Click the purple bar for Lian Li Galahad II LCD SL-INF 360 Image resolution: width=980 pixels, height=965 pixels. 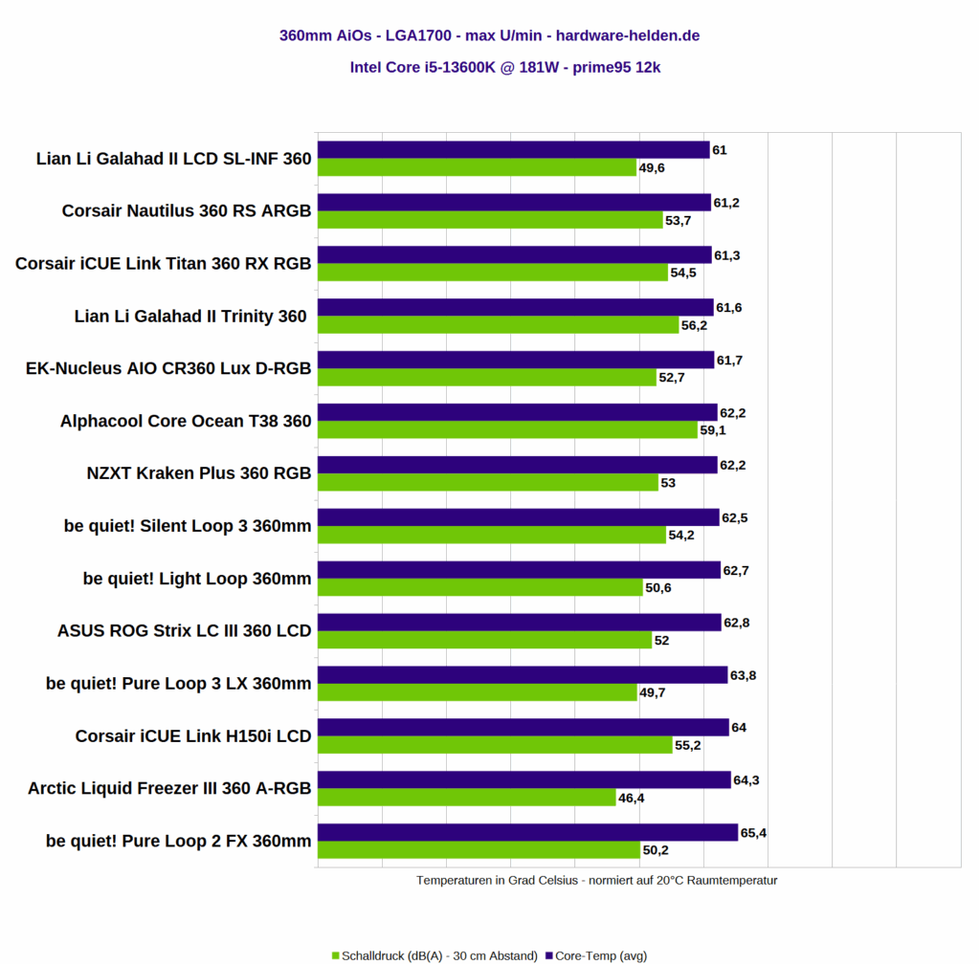[x=513, y=150]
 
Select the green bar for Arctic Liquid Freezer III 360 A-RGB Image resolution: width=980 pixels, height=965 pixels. [x=466, y=798]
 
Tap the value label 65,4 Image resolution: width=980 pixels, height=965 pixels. [x=754, y=833]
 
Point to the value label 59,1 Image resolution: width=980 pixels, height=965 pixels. [x=714, y=430]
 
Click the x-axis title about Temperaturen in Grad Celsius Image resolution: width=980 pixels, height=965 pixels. [x=596, y=880]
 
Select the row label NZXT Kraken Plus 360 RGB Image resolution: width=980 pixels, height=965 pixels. [x=199, y=473]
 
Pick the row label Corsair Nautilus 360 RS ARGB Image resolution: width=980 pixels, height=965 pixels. [x=187, y=210]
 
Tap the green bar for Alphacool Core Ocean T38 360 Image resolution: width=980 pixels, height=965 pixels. [x=507, y=430]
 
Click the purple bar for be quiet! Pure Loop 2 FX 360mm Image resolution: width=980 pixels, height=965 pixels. [x=527, y=833]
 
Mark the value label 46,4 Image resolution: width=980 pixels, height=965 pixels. [x=632, y=798]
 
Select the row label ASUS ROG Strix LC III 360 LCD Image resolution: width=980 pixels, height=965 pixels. [x=185, y=631]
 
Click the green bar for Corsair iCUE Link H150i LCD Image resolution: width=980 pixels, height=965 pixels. [x=495, y=745]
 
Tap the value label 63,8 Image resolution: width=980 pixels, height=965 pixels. [x=744, y=675]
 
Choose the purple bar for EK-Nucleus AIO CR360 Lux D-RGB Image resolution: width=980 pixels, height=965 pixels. [x=516, y=360]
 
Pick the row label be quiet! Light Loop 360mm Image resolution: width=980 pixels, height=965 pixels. [x=197, y=579]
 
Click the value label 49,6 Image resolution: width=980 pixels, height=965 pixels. [x=652, y=168]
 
